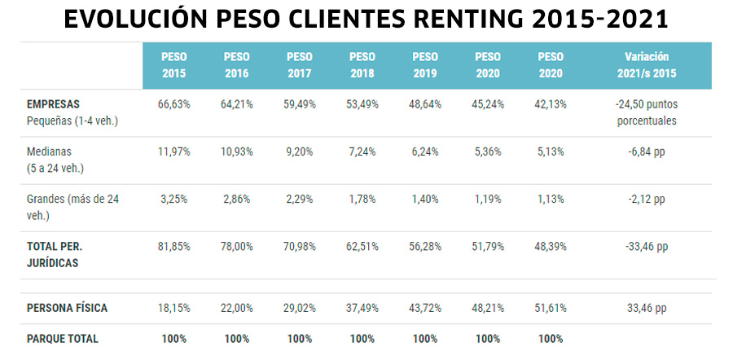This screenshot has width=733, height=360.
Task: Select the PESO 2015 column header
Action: point(173,65)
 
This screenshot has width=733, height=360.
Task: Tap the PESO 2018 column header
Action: point(362,65)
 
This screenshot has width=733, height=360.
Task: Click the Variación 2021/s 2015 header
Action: point(646,65)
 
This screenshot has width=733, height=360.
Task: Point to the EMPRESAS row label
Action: point(53,105)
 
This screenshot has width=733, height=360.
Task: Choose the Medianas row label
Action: point(50,152)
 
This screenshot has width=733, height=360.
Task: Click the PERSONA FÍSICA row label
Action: point(67,308)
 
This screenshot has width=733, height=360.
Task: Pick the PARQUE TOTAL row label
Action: point(62,338)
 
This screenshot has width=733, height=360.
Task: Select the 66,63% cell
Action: point(173,105)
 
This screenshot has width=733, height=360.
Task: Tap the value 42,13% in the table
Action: point(551,105)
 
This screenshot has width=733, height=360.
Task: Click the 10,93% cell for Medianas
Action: point(236,152)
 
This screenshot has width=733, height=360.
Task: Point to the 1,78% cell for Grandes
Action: point(362,199)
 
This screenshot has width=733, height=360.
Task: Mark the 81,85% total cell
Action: point(173,246)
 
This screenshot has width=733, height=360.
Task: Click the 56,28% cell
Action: point(424,246)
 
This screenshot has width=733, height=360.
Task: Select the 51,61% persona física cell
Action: point(551,308)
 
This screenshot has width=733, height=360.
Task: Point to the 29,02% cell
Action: point(299,308)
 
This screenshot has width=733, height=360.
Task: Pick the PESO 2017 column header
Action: point(299,65)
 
